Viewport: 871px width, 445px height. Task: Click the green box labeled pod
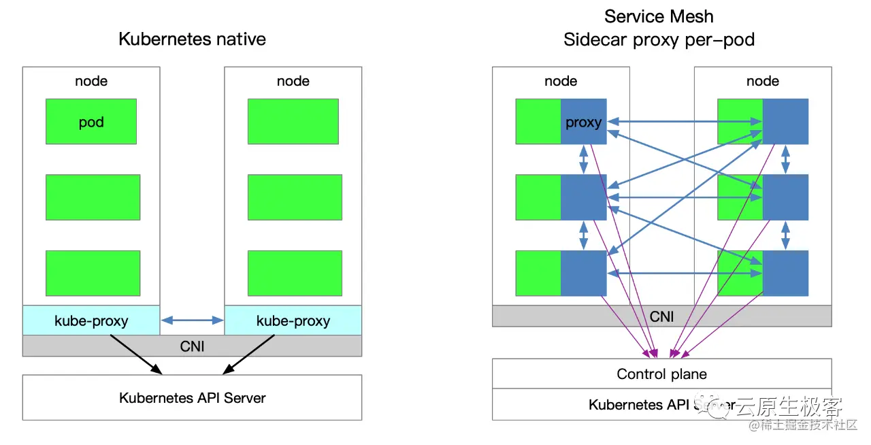91,122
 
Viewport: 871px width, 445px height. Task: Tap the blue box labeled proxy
583,122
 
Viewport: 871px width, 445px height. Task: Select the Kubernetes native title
192,39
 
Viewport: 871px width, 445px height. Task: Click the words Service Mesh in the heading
659,16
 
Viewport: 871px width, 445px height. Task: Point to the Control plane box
661,374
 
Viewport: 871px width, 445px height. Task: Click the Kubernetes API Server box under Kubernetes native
192,397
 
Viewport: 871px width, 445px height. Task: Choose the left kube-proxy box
91,320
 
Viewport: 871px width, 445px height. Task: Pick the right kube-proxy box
293,320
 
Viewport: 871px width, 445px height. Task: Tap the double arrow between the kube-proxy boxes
193,320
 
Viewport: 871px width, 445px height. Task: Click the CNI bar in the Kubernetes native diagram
192,346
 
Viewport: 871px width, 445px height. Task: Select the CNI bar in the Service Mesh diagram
661,316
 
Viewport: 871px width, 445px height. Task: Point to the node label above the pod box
91,81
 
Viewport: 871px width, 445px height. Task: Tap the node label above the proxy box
561,81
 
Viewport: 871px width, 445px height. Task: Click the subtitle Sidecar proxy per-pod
659,39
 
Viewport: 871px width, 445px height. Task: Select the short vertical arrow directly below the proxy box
583,159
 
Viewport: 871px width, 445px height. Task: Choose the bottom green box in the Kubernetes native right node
293,273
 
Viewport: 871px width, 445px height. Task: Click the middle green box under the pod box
93,197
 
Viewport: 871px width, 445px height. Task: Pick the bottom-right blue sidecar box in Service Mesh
785,273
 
